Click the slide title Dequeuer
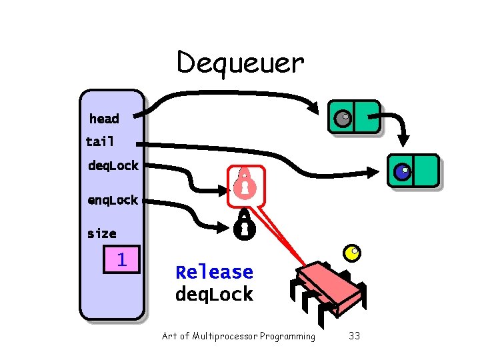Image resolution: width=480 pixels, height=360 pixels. [x=240, y=63]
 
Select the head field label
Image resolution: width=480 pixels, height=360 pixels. [x=104, y=119]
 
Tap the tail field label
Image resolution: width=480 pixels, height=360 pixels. [x=100, y=141]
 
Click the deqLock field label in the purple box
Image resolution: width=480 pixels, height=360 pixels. [x=113, y=165]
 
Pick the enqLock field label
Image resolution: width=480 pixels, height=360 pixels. [x=113, y=200]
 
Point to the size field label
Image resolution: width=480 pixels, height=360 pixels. [x=101, y=233]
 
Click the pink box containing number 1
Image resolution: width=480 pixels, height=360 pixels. [x=121, y=259]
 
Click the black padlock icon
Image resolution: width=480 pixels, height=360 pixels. [x=244, y=226]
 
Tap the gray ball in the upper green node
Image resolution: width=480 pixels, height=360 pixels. [x=342, y=118]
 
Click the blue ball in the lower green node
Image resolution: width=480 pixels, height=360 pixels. [x=402, y=172]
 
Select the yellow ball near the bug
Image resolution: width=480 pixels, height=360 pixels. [x=351, y=253]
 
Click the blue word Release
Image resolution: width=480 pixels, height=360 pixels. [x=214, y=272]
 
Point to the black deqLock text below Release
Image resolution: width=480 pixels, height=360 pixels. [x=214, y=294]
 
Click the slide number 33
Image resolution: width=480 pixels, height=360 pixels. [x=354, y=336]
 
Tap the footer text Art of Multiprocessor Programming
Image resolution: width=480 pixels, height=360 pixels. [x=239, y=336]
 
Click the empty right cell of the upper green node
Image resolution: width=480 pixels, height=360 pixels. [x=367, y=117]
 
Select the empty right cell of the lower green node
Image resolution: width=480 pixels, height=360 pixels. [x=426, y=171]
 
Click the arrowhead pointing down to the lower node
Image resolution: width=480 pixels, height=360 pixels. [x=405, y=141]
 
